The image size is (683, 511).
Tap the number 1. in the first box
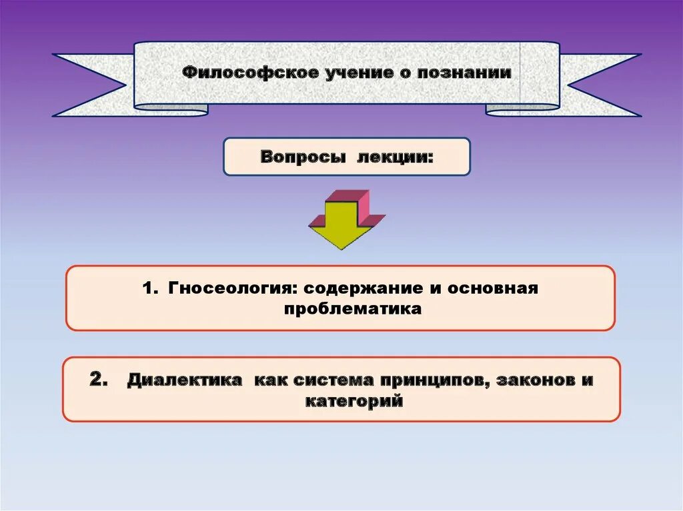(x=150, y=288)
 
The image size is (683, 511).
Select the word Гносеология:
(x=232, y=288)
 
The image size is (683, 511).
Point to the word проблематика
(x=352, y=309)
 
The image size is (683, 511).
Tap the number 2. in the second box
(x=99, y=380)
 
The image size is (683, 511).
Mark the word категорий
(x=354, y=401)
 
